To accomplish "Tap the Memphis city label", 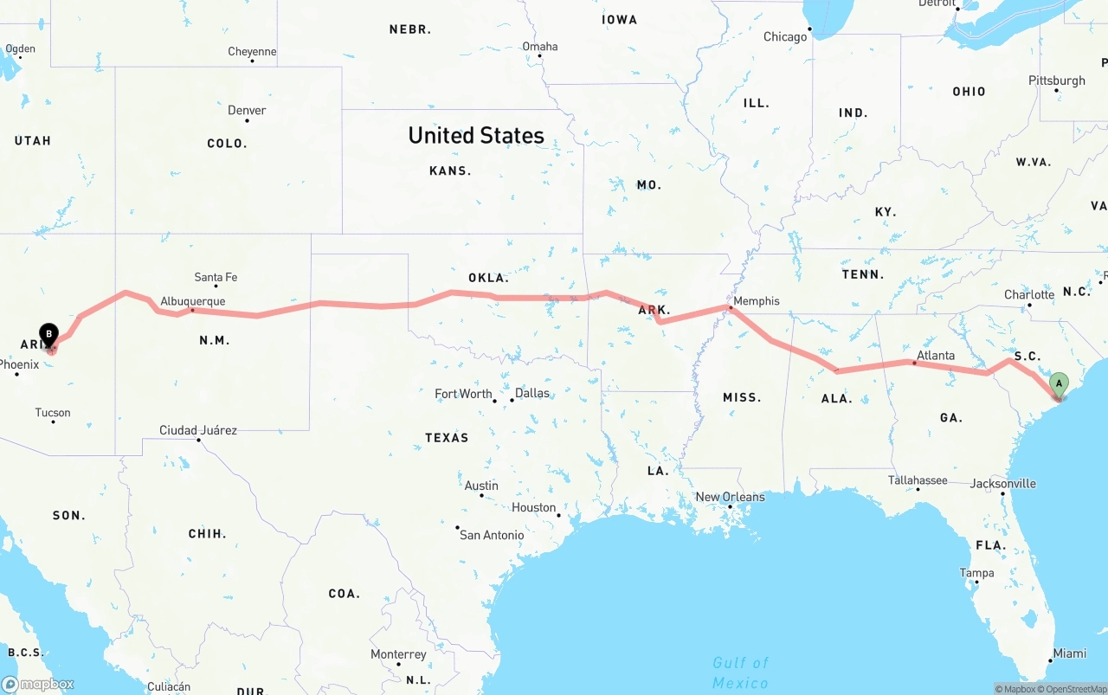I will (756, 301).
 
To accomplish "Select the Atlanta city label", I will (936, 356).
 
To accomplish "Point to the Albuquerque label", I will (192, 301).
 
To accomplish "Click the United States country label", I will (476, 135).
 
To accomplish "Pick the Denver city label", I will (247, 110).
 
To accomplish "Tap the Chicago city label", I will (785, 37).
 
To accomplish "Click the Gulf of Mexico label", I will (740, 672).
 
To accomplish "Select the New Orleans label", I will (730, 497).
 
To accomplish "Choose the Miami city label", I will (1070, 653).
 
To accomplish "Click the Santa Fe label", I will (216, 277).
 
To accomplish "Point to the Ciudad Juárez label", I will (197, 430).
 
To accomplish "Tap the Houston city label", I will (533, 507).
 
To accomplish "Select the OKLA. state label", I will (487, 278).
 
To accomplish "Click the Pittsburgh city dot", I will (1056, 90).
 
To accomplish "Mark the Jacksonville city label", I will (1002, 483).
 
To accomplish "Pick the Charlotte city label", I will (1028, 294).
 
